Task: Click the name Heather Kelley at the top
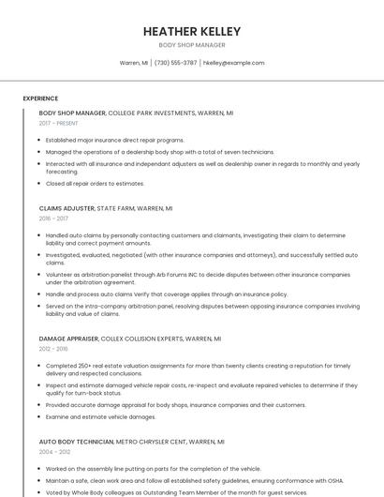[x=191, y=31]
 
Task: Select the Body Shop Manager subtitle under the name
[x=191, y=45]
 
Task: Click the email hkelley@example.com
[x=233, y=63]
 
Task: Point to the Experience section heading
[x=40, y=98]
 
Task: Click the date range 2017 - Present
[x=58, y=123]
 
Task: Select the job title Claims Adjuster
[x=66, y=208]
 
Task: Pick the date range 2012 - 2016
[x=54, y=349]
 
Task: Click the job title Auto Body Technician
[x=76, y=441]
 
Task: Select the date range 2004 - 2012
[x=54, y=451]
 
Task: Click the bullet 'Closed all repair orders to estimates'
[x=95, y=184]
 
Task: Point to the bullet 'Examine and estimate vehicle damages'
[x=100, y=416]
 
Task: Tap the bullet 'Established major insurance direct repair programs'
[x=114, y=140]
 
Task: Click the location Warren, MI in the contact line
[x=134, y=63]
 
